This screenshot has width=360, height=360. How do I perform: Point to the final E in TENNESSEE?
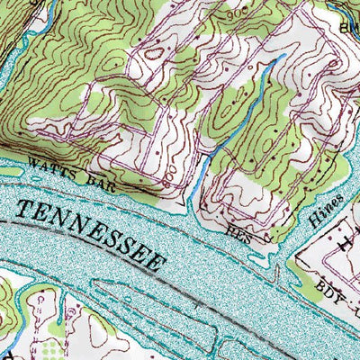(x=158, y=264)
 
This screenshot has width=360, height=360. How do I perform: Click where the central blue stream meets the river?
(x=191, y=200)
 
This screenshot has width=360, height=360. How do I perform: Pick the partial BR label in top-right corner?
(x=348, y=27)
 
